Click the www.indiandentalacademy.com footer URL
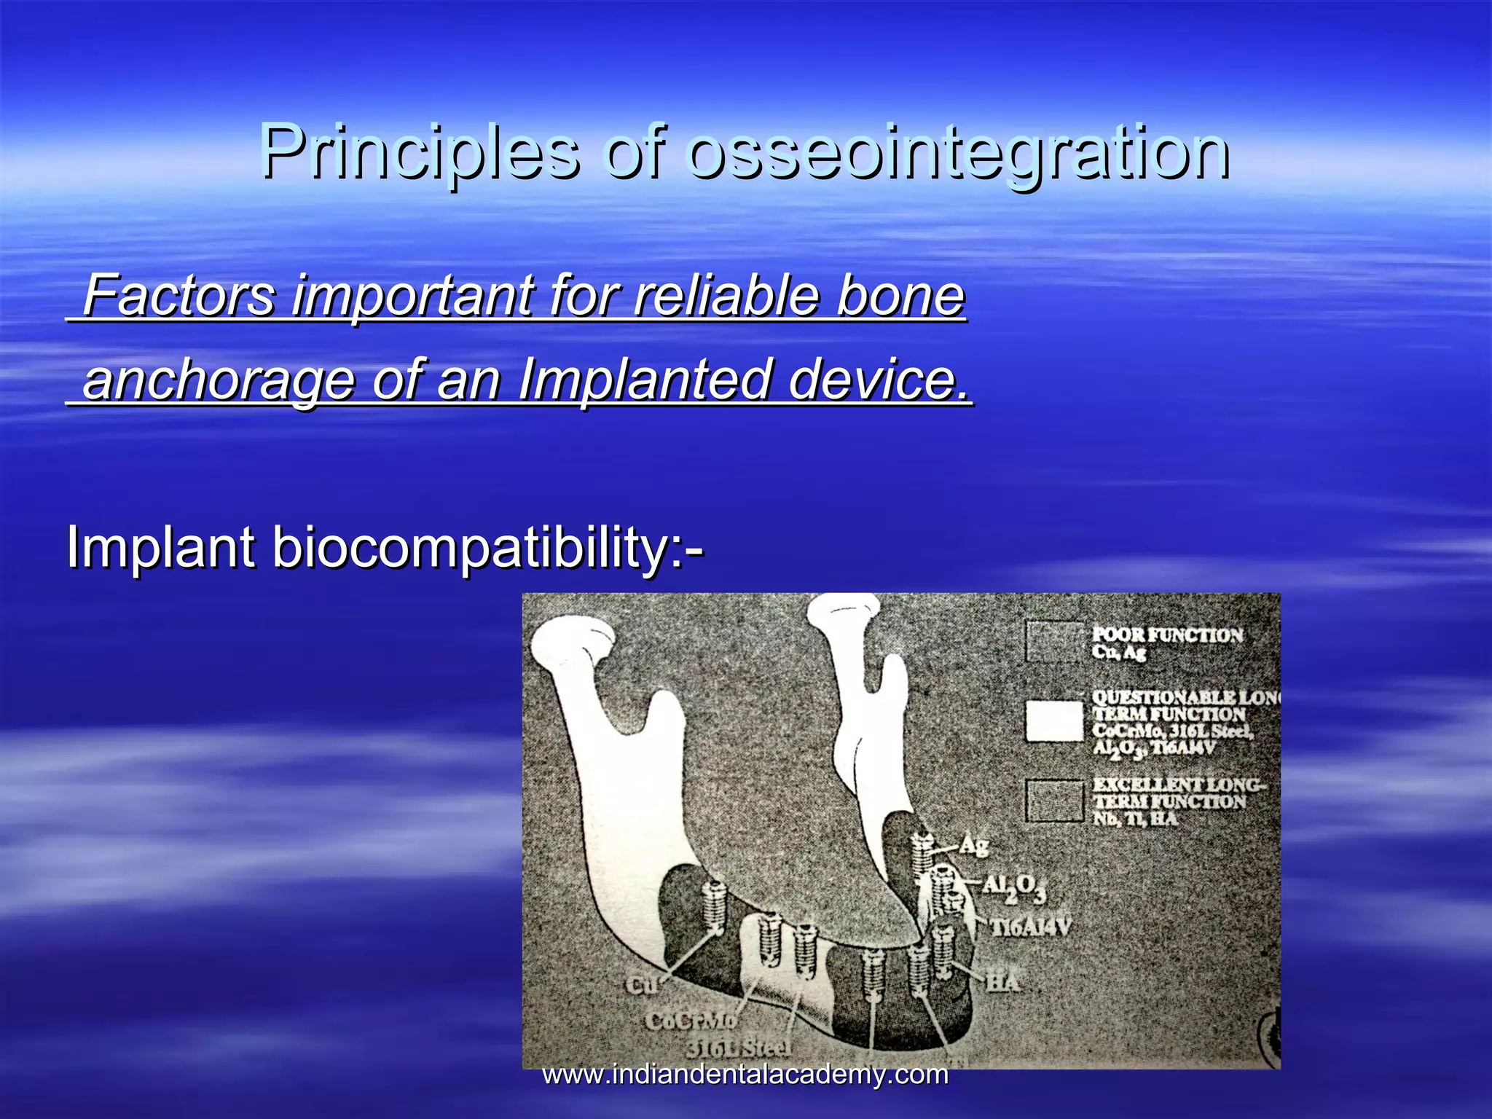(745, 1075)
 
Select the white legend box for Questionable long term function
(1054, 721)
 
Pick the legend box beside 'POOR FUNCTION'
(1054, 641)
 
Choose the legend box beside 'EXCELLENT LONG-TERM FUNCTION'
(1054, 801)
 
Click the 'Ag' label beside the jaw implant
(973, 845)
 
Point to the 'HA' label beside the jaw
(1003, 983)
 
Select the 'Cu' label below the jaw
(642, 985)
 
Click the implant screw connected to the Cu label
(715, 908)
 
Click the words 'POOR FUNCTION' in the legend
(1167, 635)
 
